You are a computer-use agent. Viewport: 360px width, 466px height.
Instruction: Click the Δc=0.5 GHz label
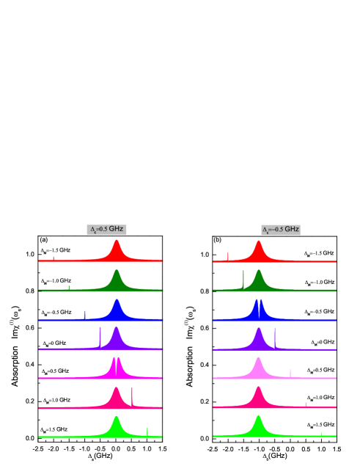(x=106, y=230)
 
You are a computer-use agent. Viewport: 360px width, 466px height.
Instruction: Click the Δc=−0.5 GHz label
(x=281, y=230)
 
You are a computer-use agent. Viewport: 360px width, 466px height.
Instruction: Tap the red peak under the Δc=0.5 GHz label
(x=116, y=250)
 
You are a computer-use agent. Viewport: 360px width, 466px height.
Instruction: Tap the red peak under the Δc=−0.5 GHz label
(x=258, y=250)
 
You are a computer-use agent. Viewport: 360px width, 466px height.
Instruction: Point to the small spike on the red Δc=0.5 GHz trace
(x=54, y=258)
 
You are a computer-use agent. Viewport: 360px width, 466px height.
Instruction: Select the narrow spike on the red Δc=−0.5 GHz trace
(x=228, y=256)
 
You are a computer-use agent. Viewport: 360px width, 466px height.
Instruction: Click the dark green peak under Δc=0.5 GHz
(x=116, y=279)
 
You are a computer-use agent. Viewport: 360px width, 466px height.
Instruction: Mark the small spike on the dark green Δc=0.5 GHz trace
(x=69, y=288)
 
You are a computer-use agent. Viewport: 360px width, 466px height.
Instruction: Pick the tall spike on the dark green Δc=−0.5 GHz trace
(x=243, y=279)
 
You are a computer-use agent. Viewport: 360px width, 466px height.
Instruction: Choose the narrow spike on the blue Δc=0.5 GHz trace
(x=85, y=315)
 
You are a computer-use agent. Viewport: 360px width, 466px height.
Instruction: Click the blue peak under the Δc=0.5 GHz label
(x=116, y=308)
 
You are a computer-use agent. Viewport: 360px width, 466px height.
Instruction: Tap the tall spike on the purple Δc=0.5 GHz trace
(x=100, y=337)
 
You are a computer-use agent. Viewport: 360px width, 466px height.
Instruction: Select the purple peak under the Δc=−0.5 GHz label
(x=258, y=338)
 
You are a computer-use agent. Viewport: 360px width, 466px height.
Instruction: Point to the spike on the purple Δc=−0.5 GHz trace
(x=275, y=338)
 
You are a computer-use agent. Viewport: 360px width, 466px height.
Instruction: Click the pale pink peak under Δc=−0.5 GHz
(x=258, y=367)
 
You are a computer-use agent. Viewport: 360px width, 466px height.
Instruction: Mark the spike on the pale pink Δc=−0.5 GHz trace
(x=290, y=373)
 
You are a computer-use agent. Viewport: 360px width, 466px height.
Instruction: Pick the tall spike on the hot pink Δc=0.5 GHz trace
(x=132, y=396)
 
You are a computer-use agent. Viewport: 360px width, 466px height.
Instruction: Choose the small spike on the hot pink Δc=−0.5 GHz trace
(x=306, y=404)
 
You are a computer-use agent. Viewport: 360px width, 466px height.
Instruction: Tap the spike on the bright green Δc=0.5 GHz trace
(x=147, y=432)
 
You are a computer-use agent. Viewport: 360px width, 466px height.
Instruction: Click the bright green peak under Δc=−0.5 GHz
(x=258, y=425)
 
